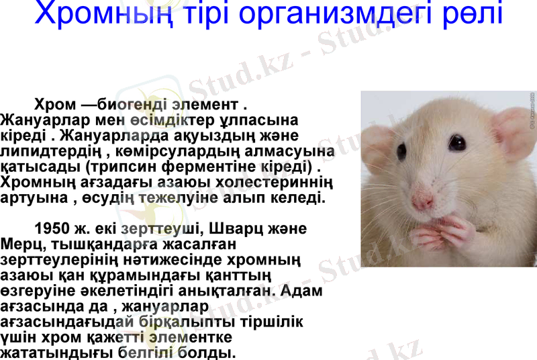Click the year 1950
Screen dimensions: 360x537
[52, 229]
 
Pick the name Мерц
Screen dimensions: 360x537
[21, 244]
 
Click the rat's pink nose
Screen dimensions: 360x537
[422, 199]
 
